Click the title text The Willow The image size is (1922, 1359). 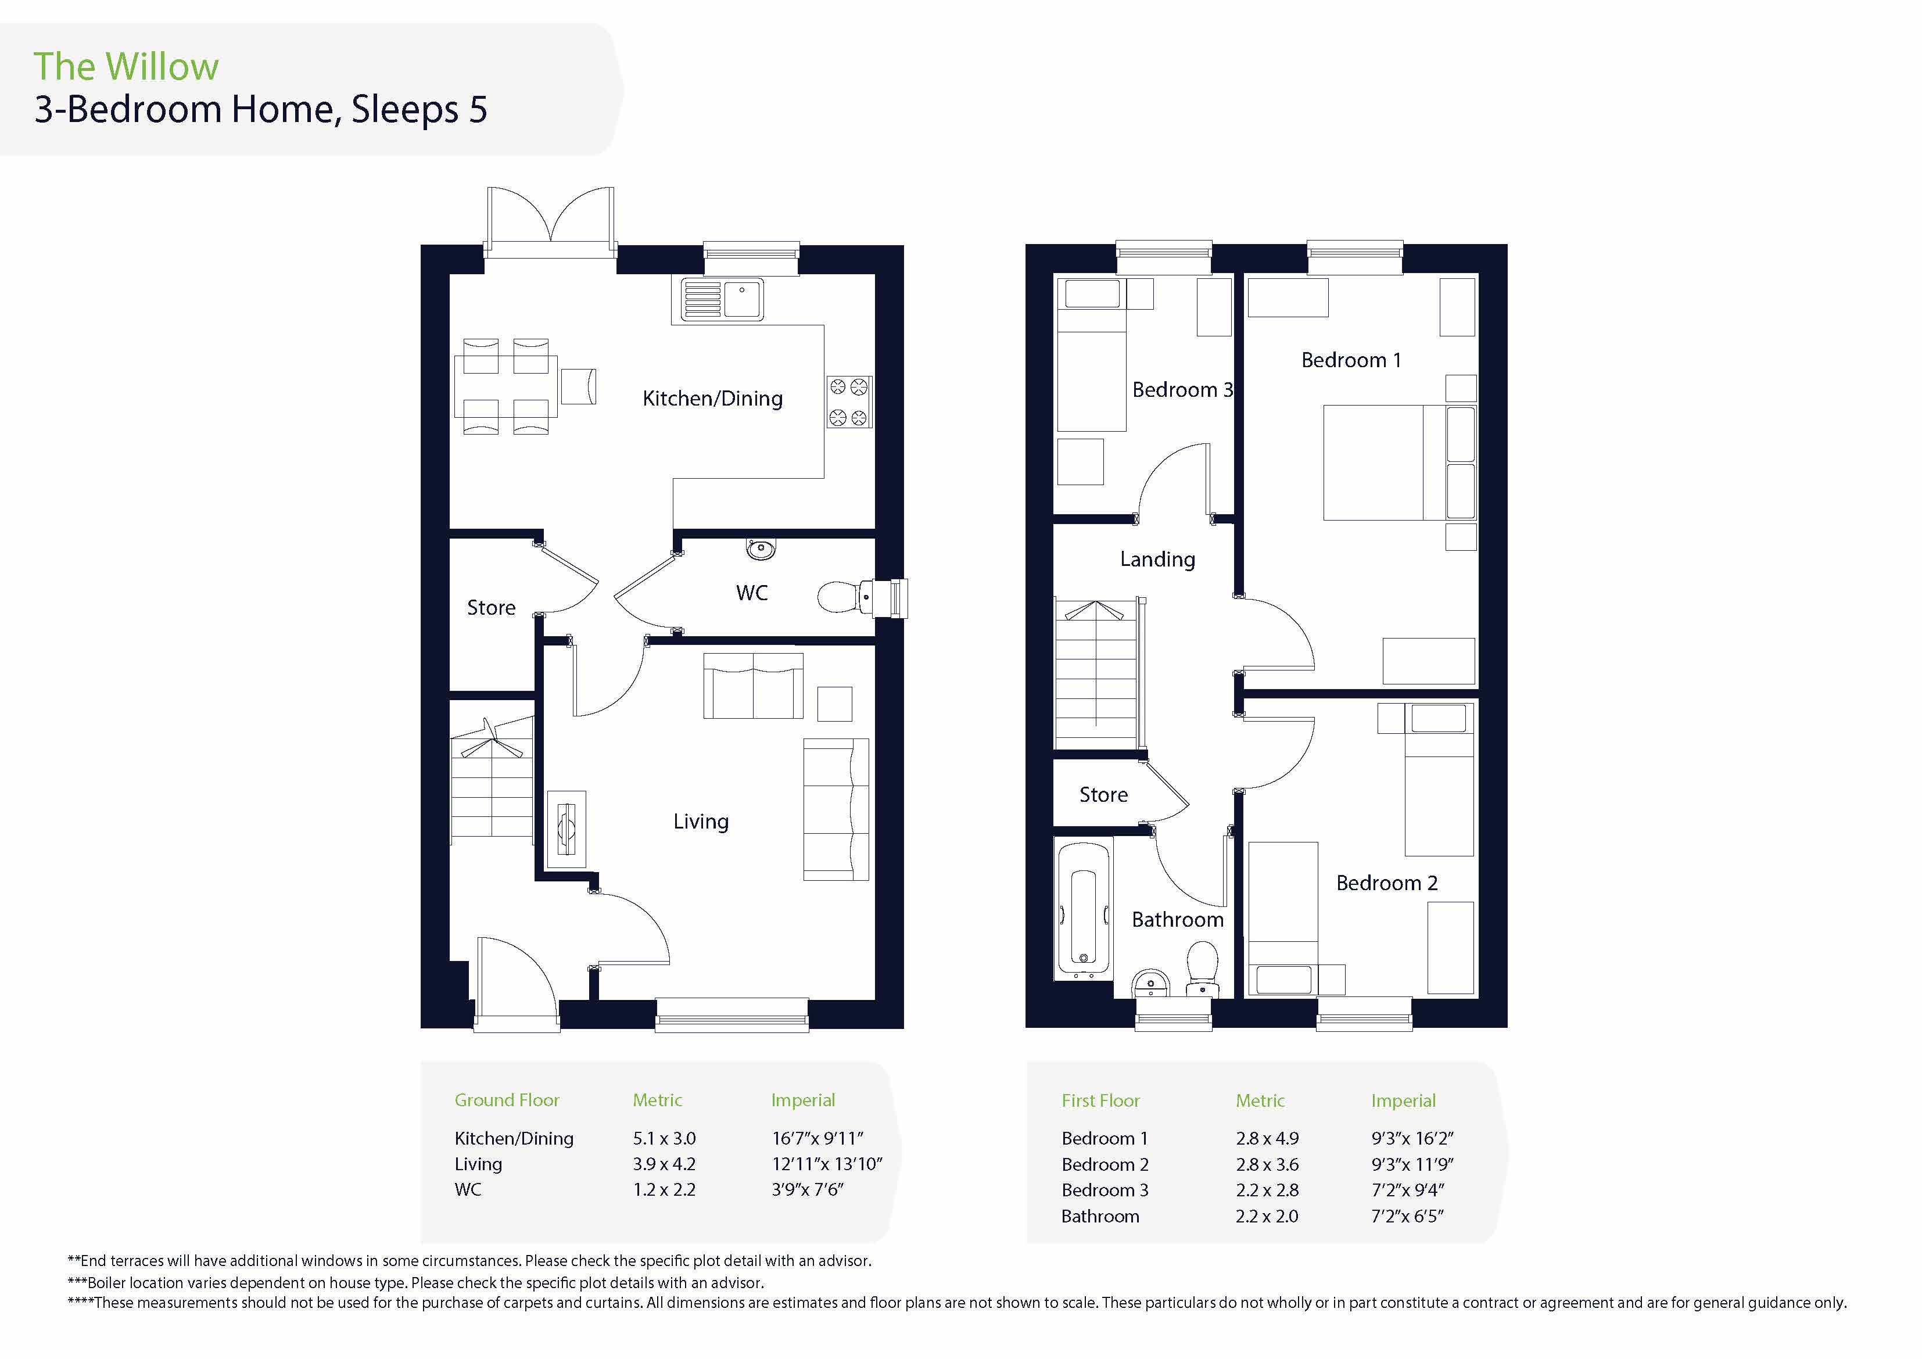(127, 67)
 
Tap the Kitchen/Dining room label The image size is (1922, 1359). (712, 399)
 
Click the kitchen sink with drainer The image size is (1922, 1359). (722, 299)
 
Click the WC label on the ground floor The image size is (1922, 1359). (752, 593)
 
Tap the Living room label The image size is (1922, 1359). (701, 822)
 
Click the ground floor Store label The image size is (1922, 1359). (492, 607)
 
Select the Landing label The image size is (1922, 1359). (1158, 560)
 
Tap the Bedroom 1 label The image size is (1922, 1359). (1351, 360)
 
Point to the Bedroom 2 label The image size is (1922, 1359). (1387, 883)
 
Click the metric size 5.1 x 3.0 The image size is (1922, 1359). (665, 1138)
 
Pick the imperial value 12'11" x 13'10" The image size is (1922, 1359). (827, 1164)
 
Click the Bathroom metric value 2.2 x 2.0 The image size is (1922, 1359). (1267, 1216)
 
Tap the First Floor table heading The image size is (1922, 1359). (1101, 1100)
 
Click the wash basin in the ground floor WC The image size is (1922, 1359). (761, 549)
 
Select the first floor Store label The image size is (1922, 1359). (1103, 795)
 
